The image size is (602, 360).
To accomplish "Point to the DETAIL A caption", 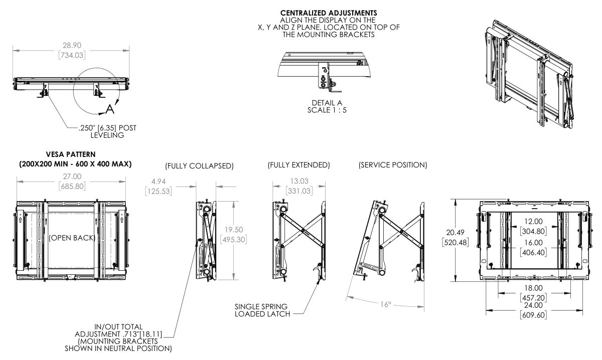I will click(327, 103).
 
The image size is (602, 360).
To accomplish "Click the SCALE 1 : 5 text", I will click(327, 110).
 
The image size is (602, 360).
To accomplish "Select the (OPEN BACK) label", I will click(72, 238).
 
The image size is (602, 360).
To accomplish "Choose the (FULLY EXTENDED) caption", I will click(298, 164).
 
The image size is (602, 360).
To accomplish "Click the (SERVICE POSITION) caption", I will click(393, 164).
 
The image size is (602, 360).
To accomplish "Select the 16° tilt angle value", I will click(385, 304).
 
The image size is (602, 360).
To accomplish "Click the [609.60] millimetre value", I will click(534, 316).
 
